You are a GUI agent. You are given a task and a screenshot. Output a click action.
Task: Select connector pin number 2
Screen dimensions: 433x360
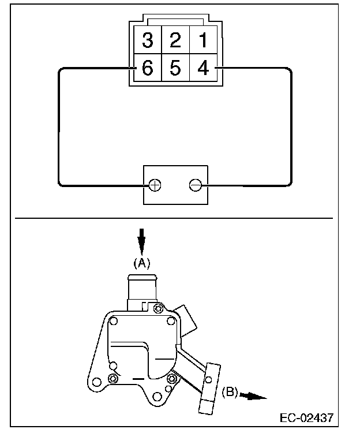[x=175, y=40]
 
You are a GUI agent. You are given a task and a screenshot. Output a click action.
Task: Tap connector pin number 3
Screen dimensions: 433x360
[x=148, y=40]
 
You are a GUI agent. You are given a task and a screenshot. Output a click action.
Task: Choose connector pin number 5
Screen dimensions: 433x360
[x=175, y=69]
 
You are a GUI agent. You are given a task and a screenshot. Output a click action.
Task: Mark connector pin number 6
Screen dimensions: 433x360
[x=148, y=69]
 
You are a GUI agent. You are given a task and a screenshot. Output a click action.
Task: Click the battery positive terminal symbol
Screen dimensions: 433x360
[x=155, y=185]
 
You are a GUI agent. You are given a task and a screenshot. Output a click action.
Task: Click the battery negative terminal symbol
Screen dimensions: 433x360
[x=196, y=185]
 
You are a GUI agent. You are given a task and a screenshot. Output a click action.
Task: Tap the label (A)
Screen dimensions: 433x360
[x=141, y=263]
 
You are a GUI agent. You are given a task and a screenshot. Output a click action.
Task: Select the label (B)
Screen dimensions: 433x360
[x=230, y=393]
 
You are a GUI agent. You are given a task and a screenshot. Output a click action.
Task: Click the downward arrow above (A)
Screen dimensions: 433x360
[x=141, y=240]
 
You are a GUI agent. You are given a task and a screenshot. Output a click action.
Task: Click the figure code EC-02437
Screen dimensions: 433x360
[x=307, y=417]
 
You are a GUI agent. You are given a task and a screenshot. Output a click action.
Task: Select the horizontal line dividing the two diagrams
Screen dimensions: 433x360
[x=173, y=219]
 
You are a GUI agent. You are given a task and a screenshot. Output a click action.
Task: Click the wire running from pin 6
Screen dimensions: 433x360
[x=59, y=127]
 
